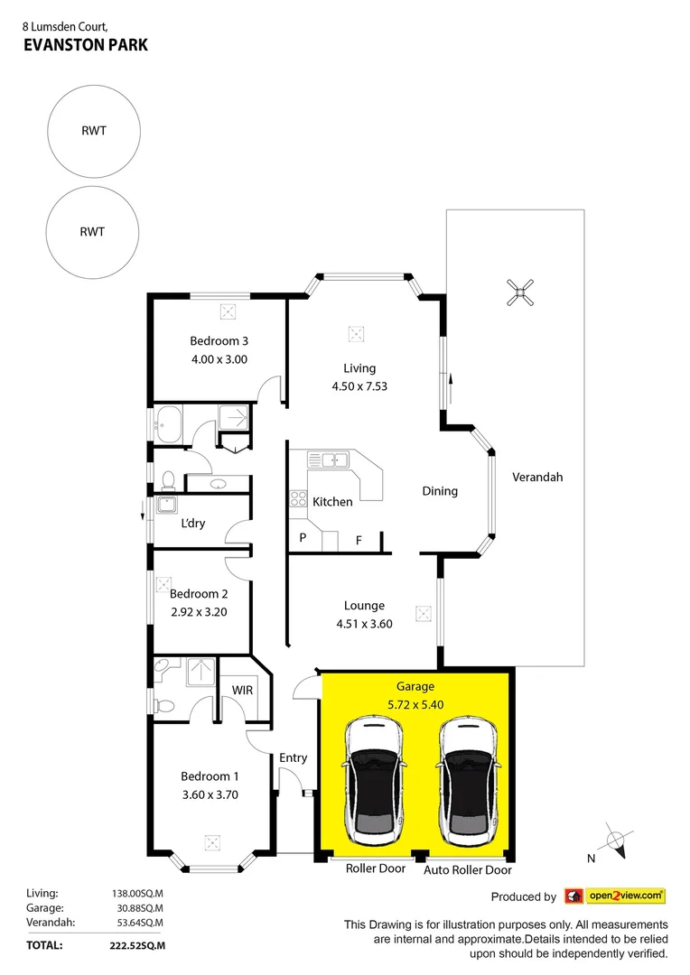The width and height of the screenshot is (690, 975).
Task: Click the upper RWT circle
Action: tap(92, 131)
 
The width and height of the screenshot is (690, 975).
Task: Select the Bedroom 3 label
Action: tap(219, 341)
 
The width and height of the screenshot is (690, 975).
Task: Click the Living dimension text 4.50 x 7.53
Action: tap(359, 386)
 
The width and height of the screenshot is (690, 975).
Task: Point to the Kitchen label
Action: tap(332, 502)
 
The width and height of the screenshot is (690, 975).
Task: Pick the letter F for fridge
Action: tap(359, 541)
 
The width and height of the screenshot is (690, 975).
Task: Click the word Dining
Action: tap(440, 491)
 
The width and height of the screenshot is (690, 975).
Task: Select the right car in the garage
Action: tap(467, 777)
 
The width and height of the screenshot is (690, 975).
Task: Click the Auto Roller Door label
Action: tap(468, 870)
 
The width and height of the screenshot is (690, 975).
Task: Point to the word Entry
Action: tap(293, 757)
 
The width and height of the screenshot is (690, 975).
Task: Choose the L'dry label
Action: tap(192, 524)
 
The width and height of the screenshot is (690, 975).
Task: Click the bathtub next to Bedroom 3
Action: tap(170, 424)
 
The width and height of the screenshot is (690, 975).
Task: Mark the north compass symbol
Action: tap(616, 843)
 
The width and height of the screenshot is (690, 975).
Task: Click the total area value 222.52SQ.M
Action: tap(136, 945)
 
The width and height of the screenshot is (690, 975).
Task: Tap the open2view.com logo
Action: tap(614, 896)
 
